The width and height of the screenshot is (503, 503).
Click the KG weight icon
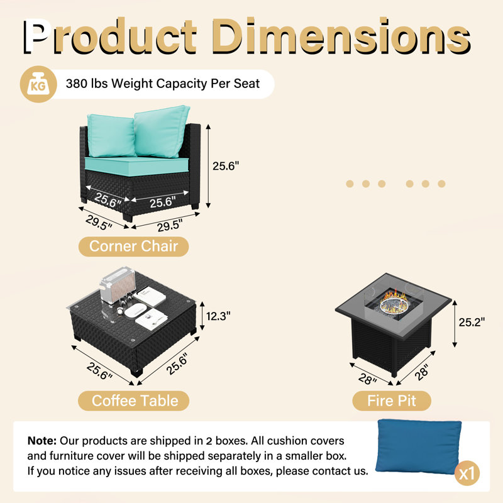38,84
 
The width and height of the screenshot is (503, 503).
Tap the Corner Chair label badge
133,246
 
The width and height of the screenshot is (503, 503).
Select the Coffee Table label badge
134,401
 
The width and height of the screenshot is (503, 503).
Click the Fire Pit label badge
391,401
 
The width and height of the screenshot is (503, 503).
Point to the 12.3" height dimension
218,316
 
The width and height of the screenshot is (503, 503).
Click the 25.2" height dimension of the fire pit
472,322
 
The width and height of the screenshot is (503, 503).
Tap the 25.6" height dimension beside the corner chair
226,166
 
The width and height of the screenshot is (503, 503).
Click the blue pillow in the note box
418,446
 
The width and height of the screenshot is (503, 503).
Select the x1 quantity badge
467,473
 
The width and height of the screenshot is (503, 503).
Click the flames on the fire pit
394,299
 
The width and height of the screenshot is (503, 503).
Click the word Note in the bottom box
42,441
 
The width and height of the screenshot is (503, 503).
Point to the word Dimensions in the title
341,35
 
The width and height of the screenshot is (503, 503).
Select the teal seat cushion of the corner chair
136,165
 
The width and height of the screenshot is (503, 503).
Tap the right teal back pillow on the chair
162,131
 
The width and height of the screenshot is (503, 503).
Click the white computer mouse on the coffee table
135,310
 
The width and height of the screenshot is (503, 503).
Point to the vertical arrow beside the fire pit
455,324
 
